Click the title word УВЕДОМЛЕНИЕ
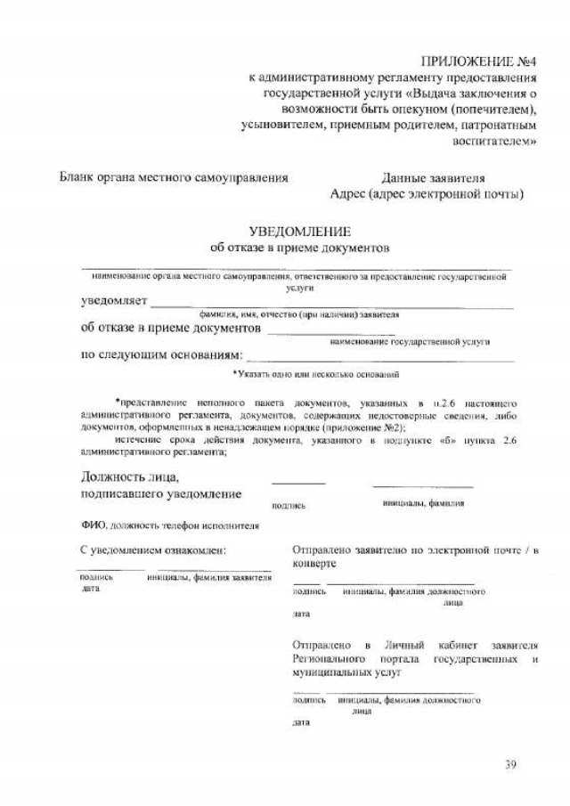[x=300, y=231]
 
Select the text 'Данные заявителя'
[x=433, y=177]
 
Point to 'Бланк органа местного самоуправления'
[x=174, y=177]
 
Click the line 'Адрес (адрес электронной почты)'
[x=426, y=193]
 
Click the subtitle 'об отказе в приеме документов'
[x=300, y=247]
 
